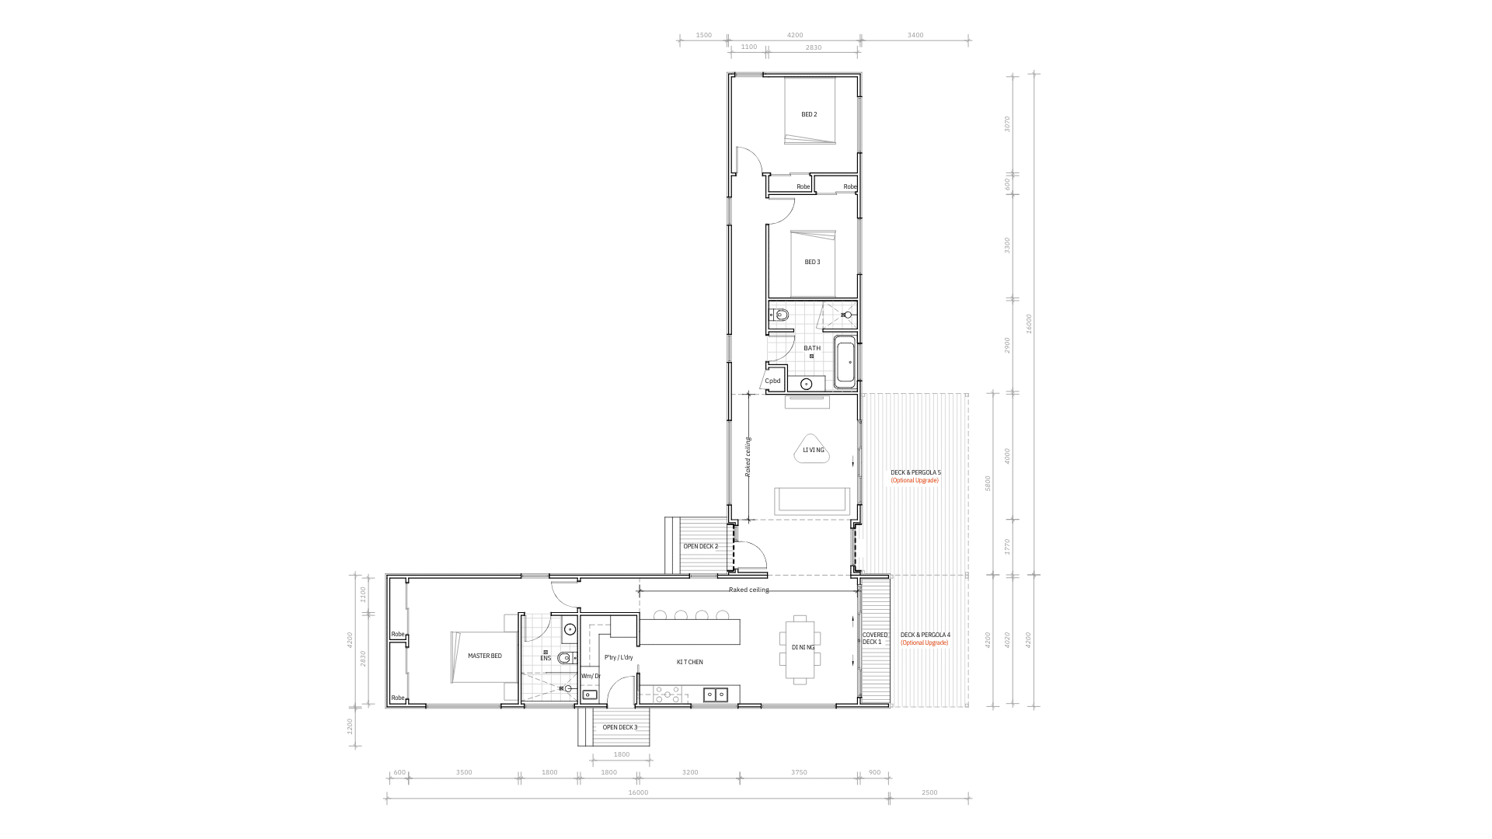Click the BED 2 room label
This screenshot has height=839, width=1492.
pos(809,114)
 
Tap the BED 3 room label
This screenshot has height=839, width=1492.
pos(812,262)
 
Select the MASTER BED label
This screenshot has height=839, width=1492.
pos(484,656)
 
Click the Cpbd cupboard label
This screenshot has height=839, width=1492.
pos(772,381)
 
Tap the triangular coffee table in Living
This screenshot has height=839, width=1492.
pos(814,450)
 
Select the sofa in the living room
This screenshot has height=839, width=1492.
pos(813,500)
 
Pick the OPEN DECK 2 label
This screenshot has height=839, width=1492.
pos(700,546)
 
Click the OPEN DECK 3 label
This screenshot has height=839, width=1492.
pos(619,727)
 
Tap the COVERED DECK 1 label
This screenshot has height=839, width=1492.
pos(874,639)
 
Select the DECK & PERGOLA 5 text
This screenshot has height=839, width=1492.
pos(915,472)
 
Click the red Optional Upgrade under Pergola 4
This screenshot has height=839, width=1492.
pos(925,642)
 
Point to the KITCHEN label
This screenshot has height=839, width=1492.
pos(689,662)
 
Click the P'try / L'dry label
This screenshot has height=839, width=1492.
pos(619,657)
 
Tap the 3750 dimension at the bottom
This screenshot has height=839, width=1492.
pos(799,772)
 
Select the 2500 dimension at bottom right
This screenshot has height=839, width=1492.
pos(929,792)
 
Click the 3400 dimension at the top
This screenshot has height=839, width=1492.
pos(915,35)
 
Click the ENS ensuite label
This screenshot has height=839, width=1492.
pos(546,659)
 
